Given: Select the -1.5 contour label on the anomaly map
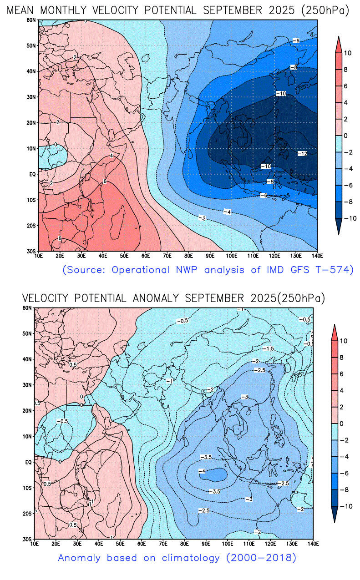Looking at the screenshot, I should tap(269, 348).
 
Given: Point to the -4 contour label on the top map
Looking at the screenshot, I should tap(227, 212).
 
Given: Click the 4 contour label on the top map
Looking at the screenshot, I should tap(111, 156).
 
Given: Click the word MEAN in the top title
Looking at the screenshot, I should tap(22, 10).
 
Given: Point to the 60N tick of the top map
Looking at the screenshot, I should tap(31, 20).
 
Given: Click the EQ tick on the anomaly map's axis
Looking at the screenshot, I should tap(28, 462).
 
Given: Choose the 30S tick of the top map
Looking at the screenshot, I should tap(31, 251).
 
